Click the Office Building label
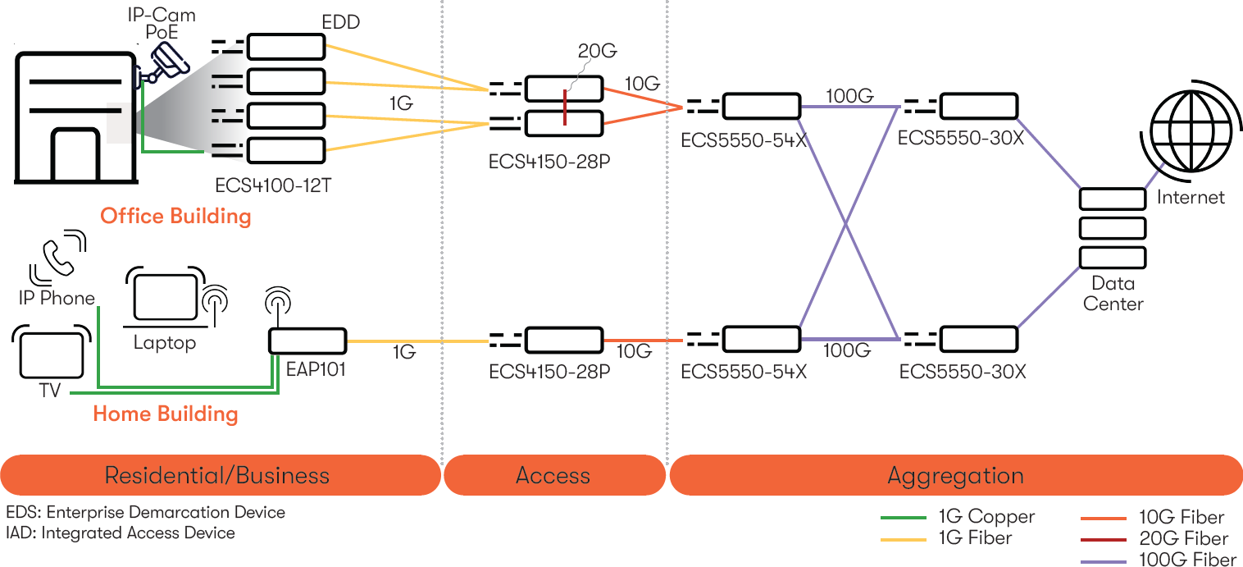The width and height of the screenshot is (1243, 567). click(x=175, y=217)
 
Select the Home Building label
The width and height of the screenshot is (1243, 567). click(x=166, y=414)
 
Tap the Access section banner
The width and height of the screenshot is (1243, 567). click(x=553, y=475)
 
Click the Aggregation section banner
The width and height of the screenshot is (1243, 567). click(x=955, y=475)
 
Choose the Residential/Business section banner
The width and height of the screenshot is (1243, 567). click(x=217, y=475)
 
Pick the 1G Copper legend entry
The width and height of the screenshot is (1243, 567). click(x=958, y=517)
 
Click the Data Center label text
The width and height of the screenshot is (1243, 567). click(x=1112, y=294)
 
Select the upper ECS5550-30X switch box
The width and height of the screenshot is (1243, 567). click(x=978, y=107)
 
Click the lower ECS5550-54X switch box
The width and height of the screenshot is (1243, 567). click(x=760, y=339)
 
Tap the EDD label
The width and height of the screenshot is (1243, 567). click(x=340, y=22)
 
